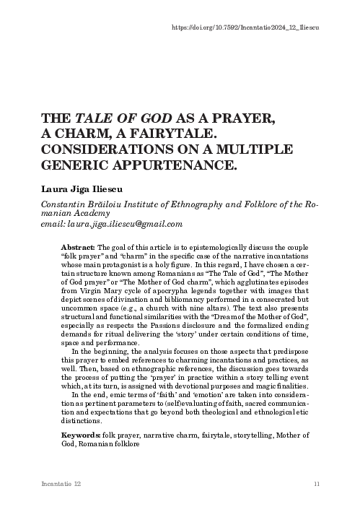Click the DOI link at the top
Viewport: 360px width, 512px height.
pos(246,27)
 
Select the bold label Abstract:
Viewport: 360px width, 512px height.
pos(79,247)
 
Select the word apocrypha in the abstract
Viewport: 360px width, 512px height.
pos(164,288)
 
